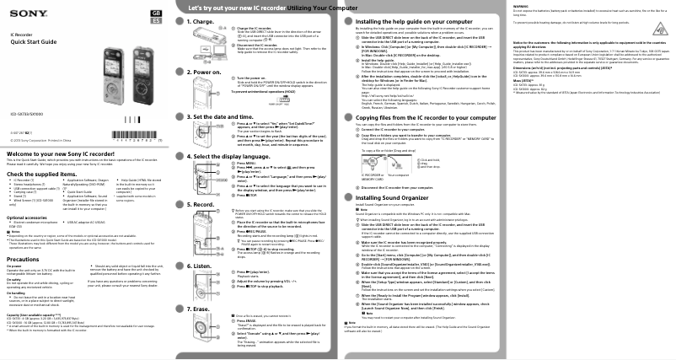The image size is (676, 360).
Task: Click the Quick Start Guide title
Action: click(x=33, y=44)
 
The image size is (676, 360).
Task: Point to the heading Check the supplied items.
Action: click(x=50, y=173)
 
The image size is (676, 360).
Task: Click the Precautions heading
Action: click(x=30, y=260)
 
